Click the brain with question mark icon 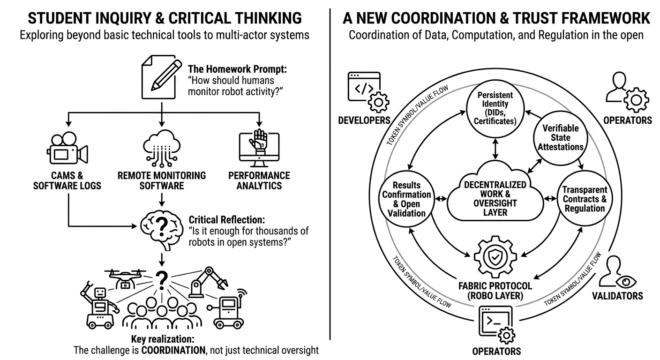pos(162,226)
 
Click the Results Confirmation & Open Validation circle pos(406,200)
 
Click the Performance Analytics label pos(259,180)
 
